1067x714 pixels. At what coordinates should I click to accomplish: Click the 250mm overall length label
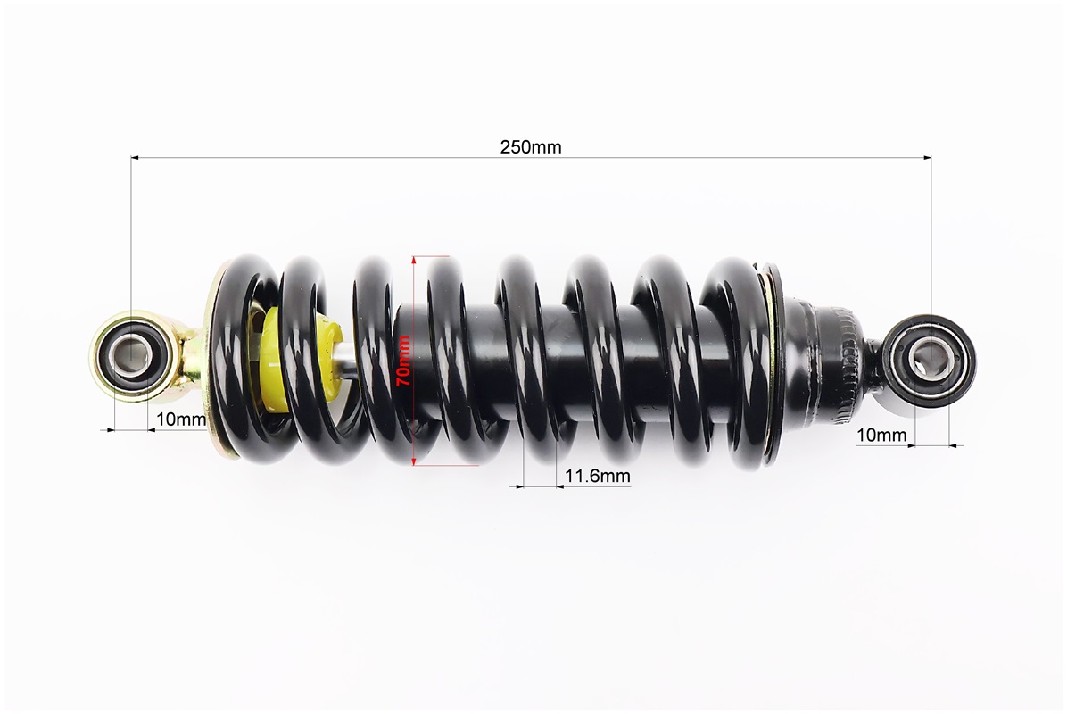[531, 146]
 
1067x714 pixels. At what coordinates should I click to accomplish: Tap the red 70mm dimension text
[403, 361]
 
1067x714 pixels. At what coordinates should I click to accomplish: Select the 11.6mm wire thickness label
[598, 475]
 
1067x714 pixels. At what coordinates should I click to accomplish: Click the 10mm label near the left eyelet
[180, 419]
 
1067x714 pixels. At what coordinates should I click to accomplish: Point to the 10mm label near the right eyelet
[881, 435]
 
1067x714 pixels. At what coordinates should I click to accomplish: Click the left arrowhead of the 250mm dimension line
[135, 157]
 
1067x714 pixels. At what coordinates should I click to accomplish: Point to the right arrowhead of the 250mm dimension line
[927, 157]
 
